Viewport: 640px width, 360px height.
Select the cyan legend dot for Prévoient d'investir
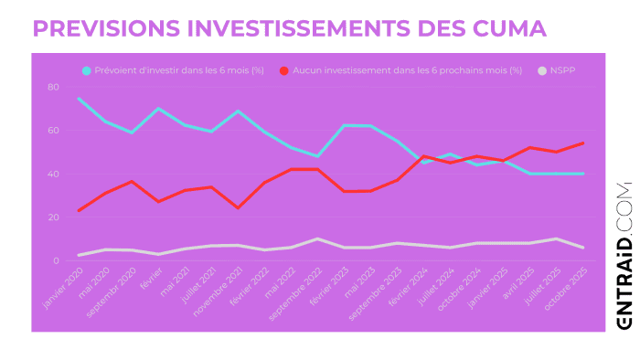click(87, 70)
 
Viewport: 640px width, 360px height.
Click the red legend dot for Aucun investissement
click(285, 70)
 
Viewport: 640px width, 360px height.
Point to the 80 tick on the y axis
click(53, 87)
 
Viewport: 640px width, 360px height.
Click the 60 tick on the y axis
click(53, 130)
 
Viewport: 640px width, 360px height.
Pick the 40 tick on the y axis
click(53, 174)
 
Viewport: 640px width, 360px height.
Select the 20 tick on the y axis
click(53, 217)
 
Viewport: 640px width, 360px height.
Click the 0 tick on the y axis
click(56, 260)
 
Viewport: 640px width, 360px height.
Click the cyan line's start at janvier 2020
click(80, 99)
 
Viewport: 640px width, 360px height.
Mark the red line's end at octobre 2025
click(583, 143)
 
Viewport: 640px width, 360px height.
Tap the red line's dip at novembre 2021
click(239, 208)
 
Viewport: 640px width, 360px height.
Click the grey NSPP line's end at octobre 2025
click(583, 248)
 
